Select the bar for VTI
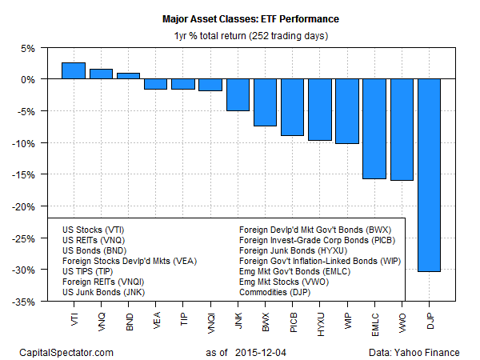click(73, 70)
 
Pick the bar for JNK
click(238, 94)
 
